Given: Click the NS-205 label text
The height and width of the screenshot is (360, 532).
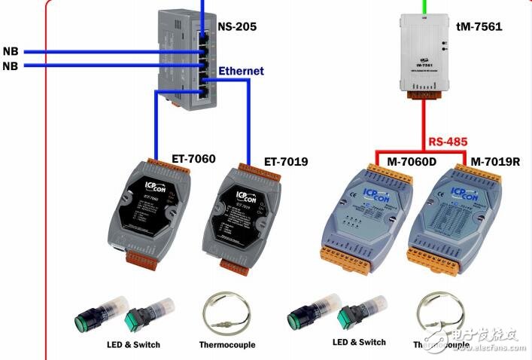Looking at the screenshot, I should (x=237, y=26).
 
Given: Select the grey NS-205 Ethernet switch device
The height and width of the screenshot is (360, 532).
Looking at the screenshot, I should (x=188, y=56).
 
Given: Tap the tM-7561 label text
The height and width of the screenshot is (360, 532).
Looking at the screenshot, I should (x=479, y=26).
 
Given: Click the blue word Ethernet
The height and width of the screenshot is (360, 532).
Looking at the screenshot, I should (x=241, y=71).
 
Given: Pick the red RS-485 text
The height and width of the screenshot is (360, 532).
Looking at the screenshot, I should (x=448, y=142).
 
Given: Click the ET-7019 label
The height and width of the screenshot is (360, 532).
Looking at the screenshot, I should (x=286, y=161).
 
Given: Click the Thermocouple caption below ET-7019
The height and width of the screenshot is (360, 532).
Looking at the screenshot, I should (x=226, y=345).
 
